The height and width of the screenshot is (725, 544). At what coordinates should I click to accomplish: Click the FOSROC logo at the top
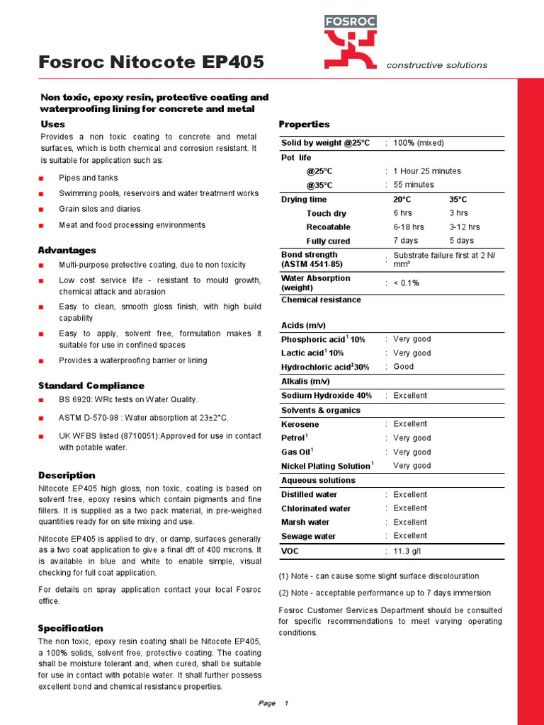[x=351, y=40]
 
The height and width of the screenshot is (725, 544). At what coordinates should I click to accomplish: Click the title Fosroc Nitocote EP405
[x=152, y=62]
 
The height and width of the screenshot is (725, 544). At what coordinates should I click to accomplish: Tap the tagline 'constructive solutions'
[x=436, y=65]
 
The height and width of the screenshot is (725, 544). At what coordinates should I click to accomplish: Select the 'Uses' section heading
[x=53, y=124]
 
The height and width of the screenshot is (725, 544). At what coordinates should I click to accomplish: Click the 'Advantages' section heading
[x=67, y=250]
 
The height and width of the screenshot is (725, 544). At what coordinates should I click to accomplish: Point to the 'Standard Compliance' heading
[x=91, y=385]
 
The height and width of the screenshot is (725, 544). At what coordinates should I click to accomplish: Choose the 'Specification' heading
[x=70, y=628]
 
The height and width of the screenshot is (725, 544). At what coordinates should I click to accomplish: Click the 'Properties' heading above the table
[x=305, y=124]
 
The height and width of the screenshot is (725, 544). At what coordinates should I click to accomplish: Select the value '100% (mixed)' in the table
[x=419, y=143]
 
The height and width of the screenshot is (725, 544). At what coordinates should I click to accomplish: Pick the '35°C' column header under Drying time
[x=459, y=199]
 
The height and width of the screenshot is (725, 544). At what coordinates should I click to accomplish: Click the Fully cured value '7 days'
[x=406, y=241]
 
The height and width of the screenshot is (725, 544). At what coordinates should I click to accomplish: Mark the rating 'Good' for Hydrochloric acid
[x=404, y=367]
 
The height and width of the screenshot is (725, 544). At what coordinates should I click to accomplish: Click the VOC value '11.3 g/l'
[x=412, y=550]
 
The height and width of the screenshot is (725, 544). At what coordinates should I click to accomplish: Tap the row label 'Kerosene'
[x=300, y=424]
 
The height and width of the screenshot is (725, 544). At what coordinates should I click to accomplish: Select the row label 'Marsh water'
[x=305, y=523]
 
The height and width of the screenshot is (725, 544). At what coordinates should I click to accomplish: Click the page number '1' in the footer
[x=286, y=704]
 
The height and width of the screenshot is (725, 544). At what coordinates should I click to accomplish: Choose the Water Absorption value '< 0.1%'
[x=407, y=283]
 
